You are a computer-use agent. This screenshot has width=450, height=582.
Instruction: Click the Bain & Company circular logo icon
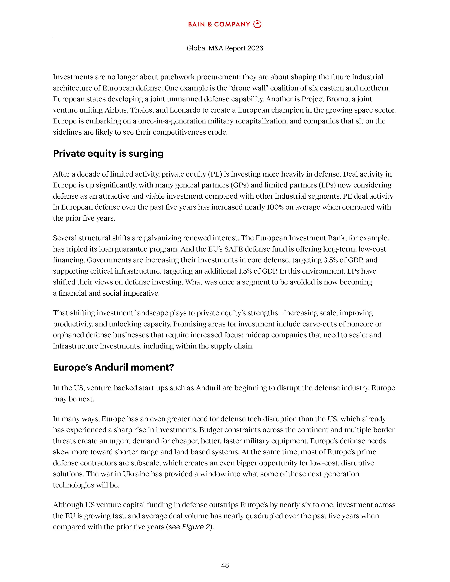pyautogui.click(x=257, y=24)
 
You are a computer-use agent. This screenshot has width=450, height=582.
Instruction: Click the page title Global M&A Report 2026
pyautogui.click(x=225, y=48)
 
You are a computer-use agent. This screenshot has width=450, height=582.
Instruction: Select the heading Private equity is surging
pyautogui.click(x=108, y=153)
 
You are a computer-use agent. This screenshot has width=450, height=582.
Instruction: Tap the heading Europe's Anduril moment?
pyautogui.click(x=113, y=368)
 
